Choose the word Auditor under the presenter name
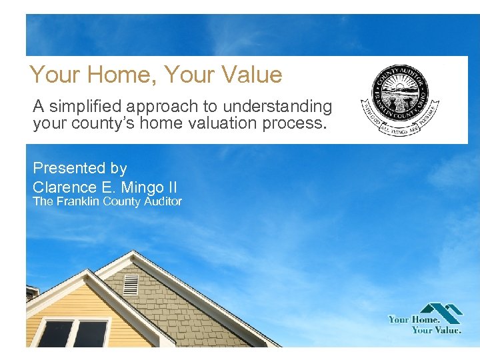click(159, 201)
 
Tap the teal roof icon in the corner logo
click(441, 312)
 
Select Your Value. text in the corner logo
click(436, 329)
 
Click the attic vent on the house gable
click(131, 284)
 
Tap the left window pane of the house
click(55, 333)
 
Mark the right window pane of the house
click(90, 333)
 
